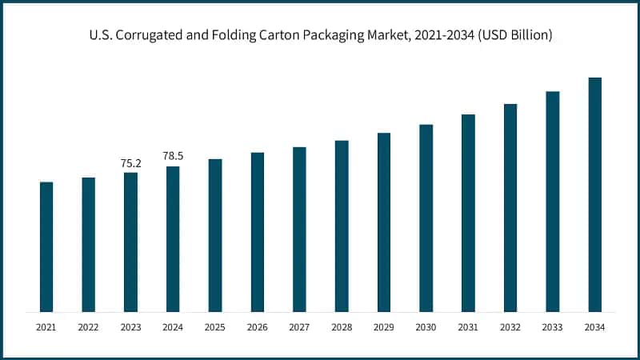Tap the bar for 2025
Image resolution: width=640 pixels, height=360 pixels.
tap(215, 235)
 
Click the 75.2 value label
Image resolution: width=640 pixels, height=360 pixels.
tap(130, 163)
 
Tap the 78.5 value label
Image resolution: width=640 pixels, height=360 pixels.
tap(173, 156)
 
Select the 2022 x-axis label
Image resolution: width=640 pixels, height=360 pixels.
tap(89, 327)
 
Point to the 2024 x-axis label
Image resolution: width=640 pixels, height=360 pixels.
tap(173, 327)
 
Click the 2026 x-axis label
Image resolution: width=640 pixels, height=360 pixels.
tap(258, 327)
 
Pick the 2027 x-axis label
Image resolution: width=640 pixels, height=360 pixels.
tap(299, 327)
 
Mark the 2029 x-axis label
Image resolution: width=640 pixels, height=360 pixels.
tap(384, 327)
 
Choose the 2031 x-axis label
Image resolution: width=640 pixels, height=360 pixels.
tap(468, 327)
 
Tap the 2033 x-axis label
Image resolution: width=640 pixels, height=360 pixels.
tap(553, 327)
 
